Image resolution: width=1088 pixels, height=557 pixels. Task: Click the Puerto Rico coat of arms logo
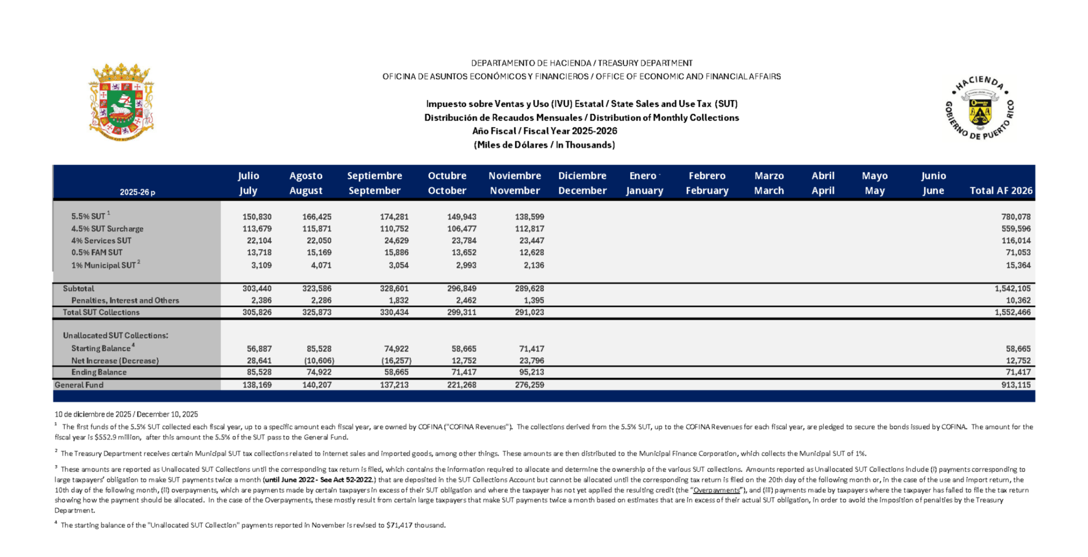click(121, 102)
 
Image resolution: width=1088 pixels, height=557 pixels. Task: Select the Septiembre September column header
click(375, 183)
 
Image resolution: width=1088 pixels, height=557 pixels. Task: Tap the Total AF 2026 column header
click(1001, 190)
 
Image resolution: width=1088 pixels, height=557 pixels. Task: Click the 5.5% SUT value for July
click(257, 217)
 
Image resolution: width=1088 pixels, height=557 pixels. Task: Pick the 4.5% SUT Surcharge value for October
click(462, 229)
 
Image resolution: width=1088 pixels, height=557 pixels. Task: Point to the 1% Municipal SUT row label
click(104, 265)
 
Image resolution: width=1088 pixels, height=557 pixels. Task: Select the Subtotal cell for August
click(317, 288)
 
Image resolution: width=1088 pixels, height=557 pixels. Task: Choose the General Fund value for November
click(529, 384)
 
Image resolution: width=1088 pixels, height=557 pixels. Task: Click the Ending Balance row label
click(99, 372)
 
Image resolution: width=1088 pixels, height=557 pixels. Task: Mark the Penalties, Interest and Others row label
click(125, 301)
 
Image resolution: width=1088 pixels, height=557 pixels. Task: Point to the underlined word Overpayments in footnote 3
click(716, 490)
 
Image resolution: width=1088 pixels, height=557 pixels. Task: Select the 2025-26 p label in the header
click(137, 192)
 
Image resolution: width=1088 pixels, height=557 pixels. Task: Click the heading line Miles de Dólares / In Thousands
click(544, 145)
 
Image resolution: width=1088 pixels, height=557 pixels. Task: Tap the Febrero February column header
click(707, 183)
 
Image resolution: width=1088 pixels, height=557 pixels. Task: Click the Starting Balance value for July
click(259, 349)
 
